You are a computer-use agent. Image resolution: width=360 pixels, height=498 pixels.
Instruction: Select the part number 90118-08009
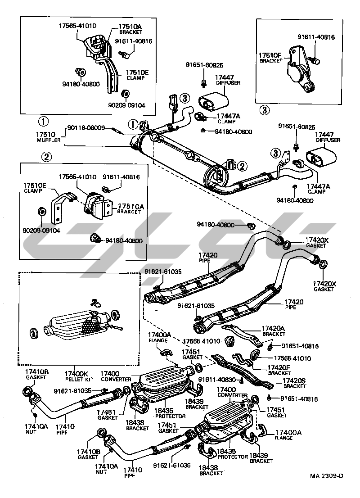tap(86, 128)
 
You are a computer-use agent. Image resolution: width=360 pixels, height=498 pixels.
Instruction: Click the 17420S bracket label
tap(294, 380)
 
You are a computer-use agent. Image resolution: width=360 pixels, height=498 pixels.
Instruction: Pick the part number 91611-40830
tap(215, 379)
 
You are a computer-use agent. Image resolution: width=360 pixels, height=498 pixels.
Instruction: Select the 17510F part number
tap(270, 55)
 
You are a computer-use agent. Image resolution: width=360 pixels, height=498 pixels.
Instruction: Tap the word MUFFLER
tap(45, 140)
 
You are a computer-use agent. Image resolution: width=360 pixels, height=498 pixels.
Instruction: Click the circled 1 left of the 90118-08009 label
tap(43, 121)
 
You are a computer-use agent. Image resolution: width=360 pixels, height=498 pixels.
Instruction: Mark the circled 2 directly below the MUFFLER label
tap(45, 157)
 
